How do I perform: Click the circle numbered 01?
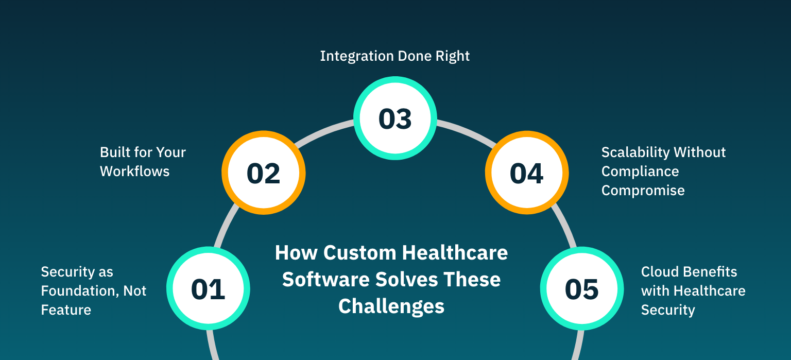click(208, 288)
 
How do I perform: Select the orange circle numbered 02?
click(263, 173)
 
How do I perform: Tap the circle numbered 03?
click(395, 118)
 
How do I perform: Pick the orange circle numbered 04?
click(526, 173)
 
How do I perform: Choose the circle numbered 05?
click(581, 288)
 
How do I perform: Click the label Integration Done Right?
click(394, 56)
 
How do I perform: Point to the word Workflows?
click(134, 171)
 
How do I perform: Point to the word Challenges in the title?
click(391, 306)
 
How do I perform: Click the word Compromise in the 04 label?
click(643, 190)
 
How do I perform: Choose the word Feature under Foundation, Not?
click(66, 310)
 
